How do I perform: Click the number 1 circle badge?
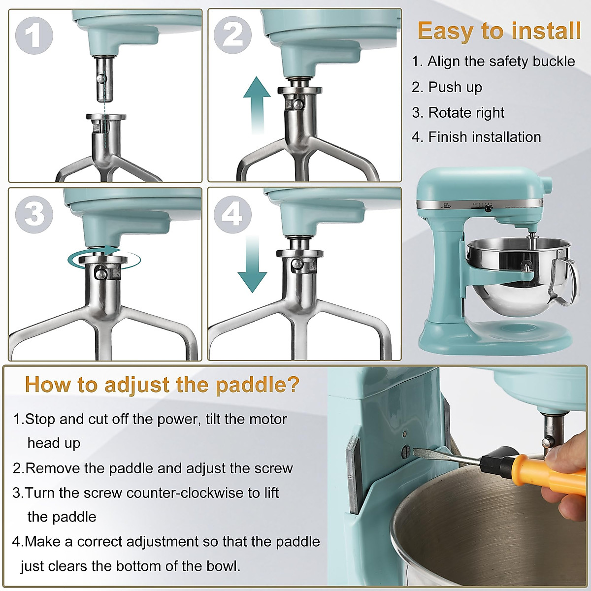coord(34,35)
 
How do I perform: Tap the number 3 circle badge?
coord(34,214)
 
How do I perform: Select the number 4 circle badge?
coord(232,214)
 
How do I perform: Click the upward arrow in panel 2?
coord(257,105)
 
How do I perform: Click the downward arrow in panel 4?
coord(253,264)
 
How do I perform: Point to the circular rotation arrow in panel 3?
coord(104,260)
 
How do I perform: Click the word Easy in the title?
coord(445,32)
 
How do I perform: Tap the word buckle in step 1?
coord(554,61)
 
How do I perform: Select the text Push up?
coord(455,87)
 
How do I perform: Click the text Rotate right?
coord(466,113)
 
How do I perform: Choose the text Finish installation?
coord(485,137)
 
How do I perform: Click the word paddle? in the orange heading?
coord(257,384)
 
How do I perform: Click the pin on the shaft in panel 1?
coord(101,79)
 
